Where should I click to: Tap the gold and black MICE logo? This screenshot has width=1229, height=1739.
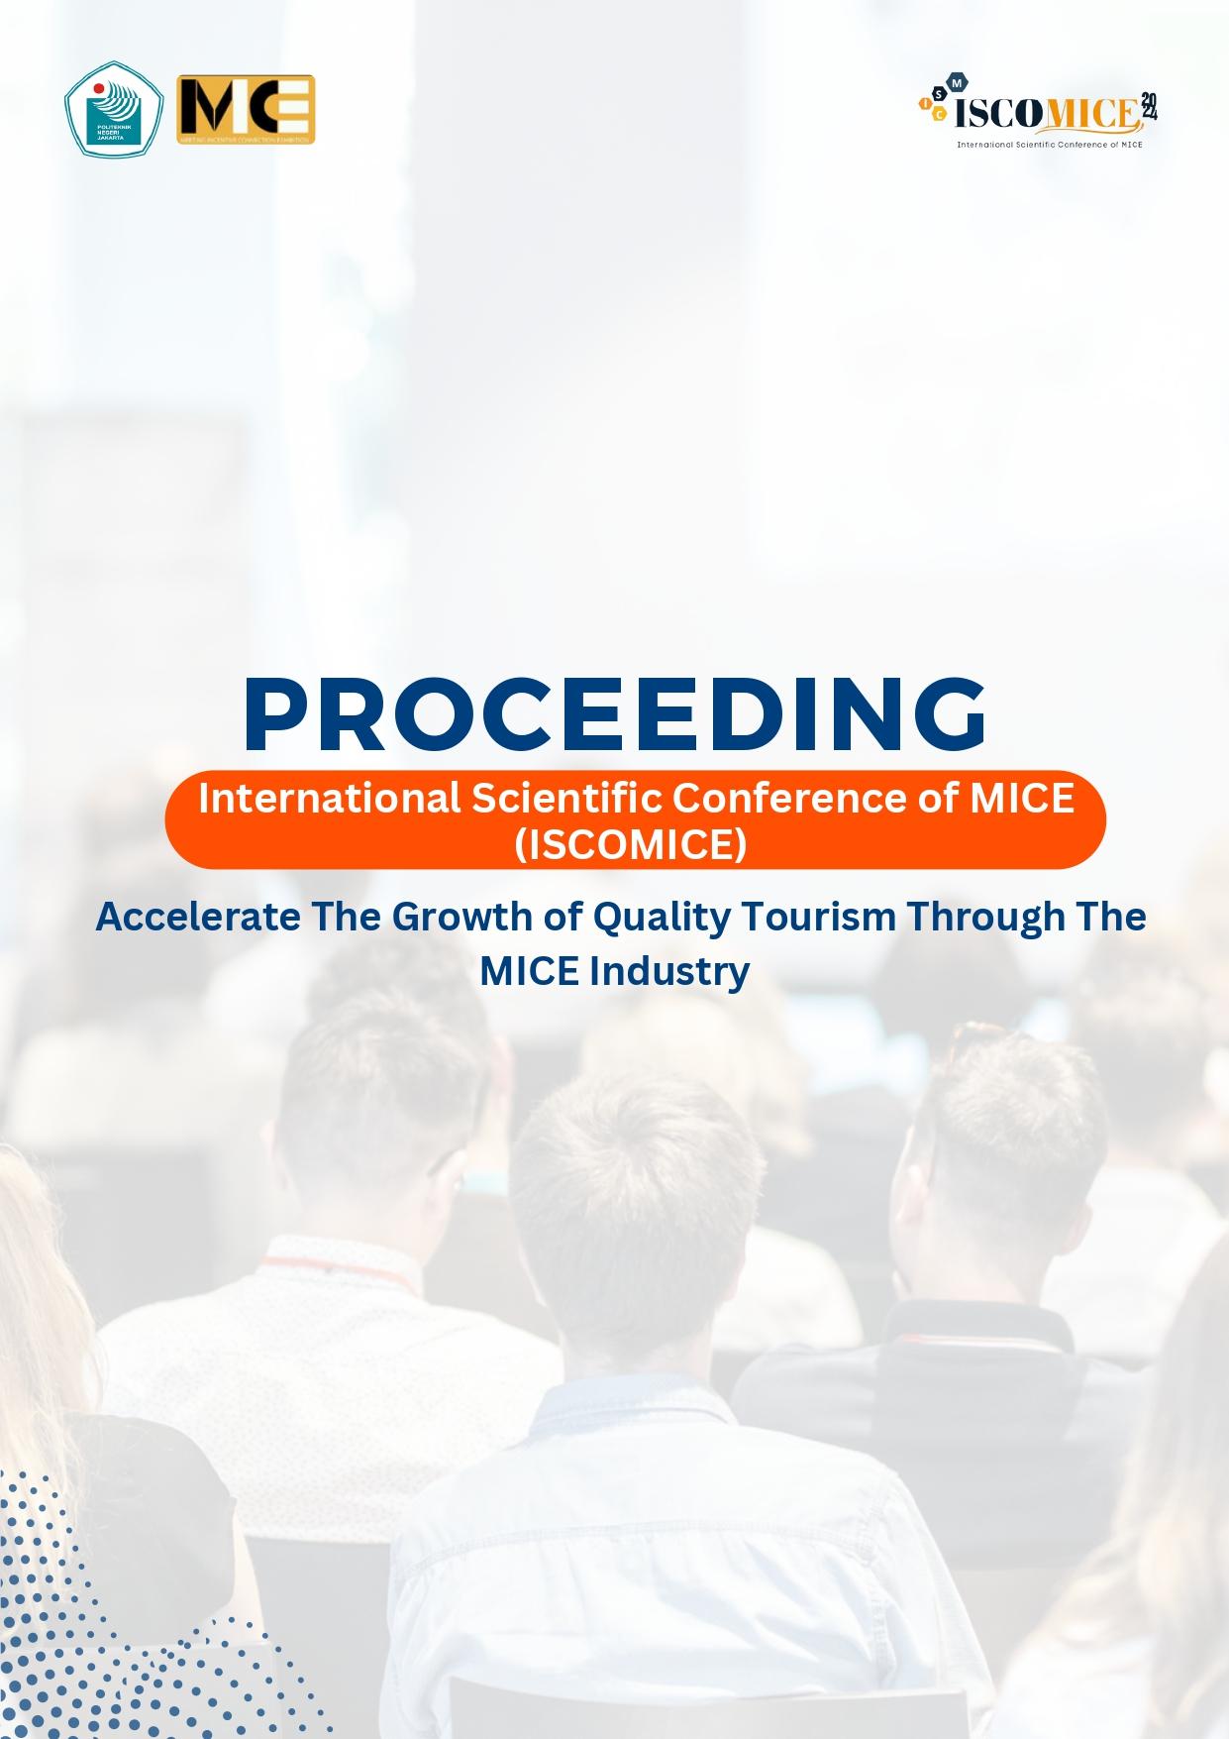[x=245, y=108]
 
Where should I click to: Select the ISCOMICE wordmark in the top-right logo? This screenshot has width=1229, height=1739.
[x=1045, y=113]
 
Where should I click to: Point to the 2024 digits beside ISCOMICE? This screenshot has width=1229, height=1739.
[x=1149, y=107]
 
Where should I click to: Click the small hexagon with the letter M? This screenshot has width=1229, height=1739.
[x=956, y=84]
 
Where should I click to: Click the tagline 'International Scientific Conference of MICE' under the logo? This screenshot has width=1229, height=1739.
[x=1049, y=145]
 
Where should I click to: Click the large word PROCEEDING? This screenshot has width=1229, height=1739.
[x=615, y=714]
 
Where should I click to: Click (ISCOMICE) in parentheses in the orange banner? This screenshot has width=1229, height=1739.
[x=630, y=844]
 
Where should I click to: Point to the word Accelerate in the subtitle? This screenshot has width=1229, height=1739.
[x=197, y=917]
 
